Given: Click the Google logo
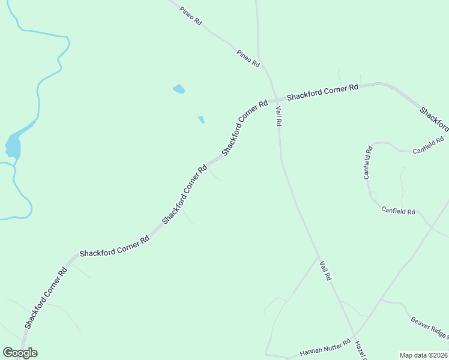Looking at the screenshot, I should [20, 353].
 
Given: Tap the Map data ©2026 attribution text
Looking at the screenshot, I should [423, 355].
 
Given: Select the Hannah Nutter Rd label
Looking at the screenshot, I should [325, 348].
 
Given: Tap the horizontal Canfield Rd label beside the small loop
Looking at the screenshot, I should [398, 211].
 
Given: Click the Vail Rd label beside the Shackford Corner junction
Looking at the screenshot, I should [279, 116].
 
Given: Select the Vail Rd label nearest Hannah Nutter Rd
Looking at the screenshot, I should [325, 271].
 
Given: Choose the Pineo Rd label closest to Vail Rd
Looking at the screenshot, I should [248, 58].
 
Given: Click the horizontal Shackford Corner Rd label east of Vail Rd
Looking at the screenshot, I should [322, 92].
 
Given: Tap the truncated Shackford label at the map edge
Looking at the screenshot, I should [434, 119].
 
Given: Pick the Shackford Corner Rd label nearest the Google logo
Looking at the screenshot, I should [46, 298].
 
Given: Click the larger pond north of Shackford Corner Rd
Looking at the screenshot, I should [178, 89].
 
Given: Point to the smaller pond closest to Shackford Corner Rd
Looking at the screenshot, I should [201, 119].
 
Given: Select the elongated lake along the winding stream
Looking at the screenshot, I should [13, 145].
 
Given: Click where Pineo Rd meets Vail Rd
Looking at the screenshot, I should [265, 68].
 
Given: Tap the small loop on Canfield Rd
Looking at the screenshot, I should [372, 196].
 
